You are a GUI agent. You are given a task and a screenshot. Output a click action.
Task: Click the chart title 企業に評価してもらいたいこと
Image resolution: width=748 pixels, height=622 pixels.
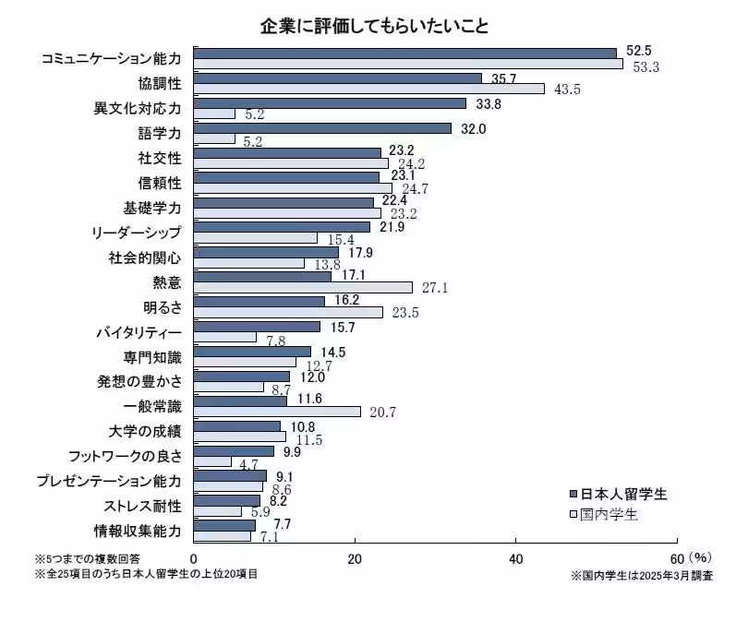click(373, 25)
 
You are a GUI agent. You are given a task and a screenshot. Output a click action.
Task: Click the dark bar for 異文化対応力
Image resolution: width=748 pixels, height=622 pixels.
click(330, 103)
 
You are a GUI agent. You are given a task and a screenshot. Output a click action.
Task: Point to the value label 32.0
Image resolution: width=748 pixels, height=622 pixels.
click(471, 128)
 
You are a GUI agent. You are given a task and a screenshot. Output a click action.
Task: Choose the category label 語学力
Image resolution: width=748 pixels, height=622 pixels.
click(159, 134)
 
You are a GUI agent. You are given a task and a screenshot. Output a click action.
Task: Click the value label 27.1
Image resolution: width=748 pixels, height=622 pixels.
click(434, 288)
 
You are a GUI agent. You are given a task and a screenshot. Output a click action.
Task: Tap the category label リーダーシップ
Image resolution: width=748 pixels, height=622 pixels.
click(138, 233)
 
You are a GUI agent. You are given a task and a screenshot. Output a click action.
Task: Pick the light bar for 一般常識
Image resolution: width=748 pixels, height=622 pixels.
click(277, 412)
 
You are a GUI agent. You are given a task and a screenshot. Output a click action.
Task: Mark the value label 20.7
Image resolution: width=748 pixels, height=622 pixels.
click(382, 413)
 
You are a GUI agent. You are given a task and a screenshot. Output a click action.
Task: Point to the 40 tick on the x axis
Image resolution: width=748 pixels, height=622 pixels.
click(516, 559)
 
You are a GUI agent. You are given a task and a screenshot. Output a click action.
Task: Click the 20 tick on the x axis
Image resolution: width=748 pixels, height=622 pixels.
click(355, 559)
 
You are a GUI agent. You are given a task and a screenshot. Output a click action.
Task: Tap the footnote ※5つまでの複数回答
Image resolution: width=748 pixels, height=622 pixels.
click(88, 559)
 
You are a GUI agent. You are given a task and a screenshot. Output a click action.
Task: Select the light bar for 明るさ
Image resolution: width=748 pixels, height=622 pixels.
click(288, 312)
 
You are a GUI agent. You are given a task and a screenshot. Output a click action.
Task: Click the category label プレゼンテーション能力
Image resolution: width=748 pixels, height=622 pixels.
click(108, 481)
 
